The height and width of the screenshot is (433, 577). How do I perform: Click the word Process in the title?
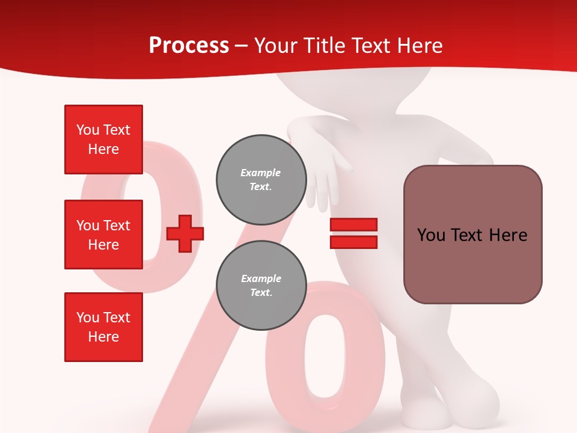click(189, 46)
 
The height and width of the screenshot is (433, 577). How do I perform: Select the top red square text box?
click(103, 140)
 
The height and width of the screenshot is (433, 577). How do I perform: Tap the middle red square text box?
click(103, 235)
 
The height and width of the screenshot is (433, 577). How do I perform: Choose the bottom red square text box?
click(103, 327)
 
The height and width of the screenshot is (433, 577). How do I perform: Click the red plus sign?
click(185, 233)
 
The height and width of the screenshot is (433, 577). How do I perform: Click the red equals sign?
click(353, 233)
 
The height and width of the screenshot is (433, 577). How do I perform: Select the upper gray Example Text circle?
click(261, 180)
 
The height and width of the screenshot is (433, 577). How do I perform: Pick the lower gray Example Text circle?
click(261, 286)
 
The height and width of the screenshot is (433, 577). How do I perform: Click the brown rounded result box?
click(472, 235)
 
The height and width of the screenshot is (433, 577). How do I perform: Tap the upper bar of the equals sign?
click(353, 225)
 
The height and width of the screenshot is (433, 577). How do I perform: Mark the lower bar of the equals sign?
click(353, 242)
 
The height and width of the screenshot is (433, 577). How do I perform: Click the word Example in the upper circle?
click(261, 173)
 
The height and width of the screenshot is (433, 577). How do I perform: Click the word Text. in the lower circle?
click(261, 293)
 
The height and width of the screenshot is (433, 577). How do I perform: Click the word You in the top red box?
click(88, 130)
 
